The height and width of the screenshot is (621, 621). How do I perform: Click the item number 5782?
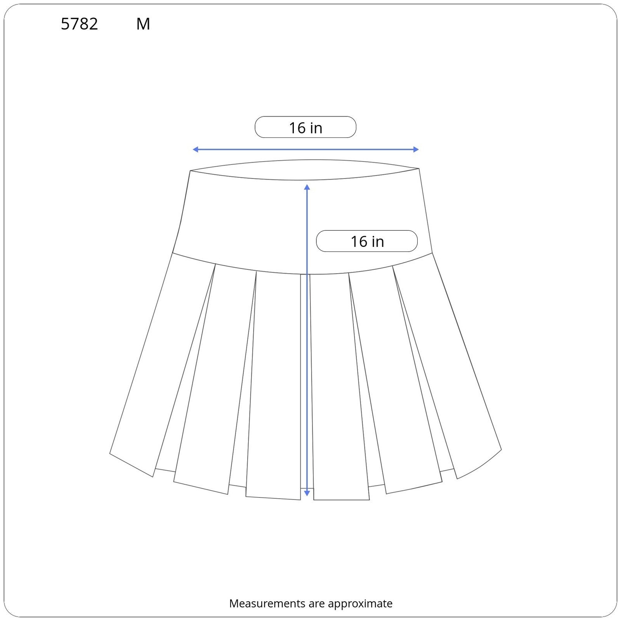coord(80,24)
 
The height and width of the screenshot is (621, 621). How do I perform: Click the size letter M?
coord(143,24)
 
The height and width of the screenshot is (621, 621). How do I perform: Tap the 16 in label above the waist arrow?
coord(305,127)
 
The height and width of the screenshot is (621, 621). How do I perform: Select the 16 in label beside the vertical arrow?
coord(367,241)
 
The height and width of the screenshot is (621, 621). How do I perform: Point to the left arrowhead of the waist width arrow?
coord(195,149)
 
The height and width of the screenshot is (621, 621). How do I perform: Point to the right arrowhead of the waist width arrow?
coord(416,149)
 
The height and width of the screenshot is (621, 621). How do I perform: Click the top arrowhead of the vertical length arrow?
coord(307,187)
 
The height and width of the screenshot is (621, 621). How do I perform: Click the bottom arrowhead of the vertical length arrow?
coord(307,493)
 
